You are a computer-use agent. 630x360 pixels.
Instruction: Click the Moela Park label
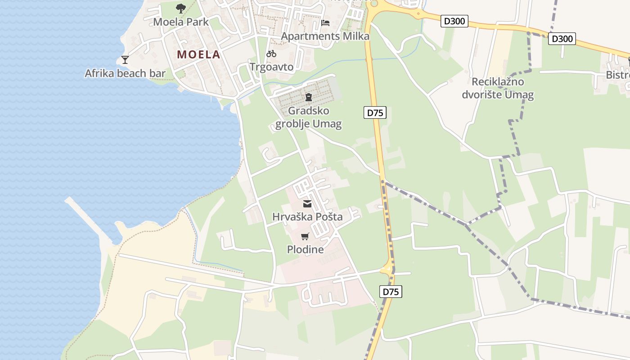[x=180, y=22]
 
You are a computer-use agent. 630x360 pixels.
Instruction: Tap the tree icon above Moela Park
[x=180, y=8]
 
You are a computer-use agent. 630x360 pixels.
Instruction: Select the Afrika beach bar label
[x=125, y=73]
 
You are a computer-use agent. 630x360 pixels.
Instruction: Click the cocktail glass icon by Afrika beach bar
[x=125, y=60]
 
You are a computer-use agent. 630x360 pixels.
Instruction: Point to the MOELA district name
[x=198, y=55]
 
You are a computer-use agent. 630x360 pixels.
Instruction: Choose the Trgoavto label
[x=271, y=67]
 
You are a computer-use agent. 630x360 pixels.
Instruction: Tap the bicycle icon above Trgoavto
[x=271, y=54]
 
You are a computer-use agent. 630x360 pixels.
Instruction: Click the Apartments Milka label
[x=325, y=36]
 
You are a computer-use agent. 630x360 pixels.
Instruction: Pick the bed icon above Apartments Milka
[x=325, y=23]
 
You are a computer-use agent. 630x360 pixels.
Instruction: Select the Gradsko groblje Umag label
[x=308, y=117]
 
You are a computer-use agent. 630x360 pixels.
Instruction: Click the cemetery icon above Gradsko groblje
[x=308, y=97]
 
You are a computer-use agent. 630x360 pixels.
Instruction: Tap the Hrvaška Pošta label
[x=307, y=217]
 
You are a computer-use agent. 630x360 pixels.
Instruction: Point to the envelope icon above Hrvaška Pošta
[x=307, y=204]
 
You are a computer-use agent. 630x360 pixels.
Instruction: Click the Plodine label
[x=305, y=249]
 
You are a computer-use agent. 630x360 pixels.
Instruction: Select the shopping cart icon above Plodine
[x=305, y=237]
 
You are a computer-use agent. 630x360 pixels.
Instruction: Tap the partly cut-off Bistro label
[x=617, y=75]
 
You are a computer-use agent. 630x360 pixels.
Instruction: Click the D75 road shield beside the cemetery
[x=375, y=112]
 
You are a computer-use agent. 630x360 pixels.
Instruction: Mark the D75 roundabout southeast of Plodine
[x=387, y=270]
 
